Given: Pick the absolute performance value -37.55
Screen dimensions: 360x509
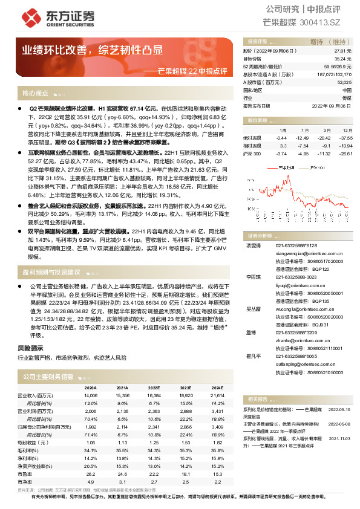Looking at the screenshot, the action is point(345,138).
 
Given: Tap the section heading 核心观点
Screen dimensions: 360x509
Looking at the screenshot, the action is point(35,93).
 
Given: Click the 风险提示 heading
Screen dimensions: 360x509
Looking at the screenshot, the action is point(31,348).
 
